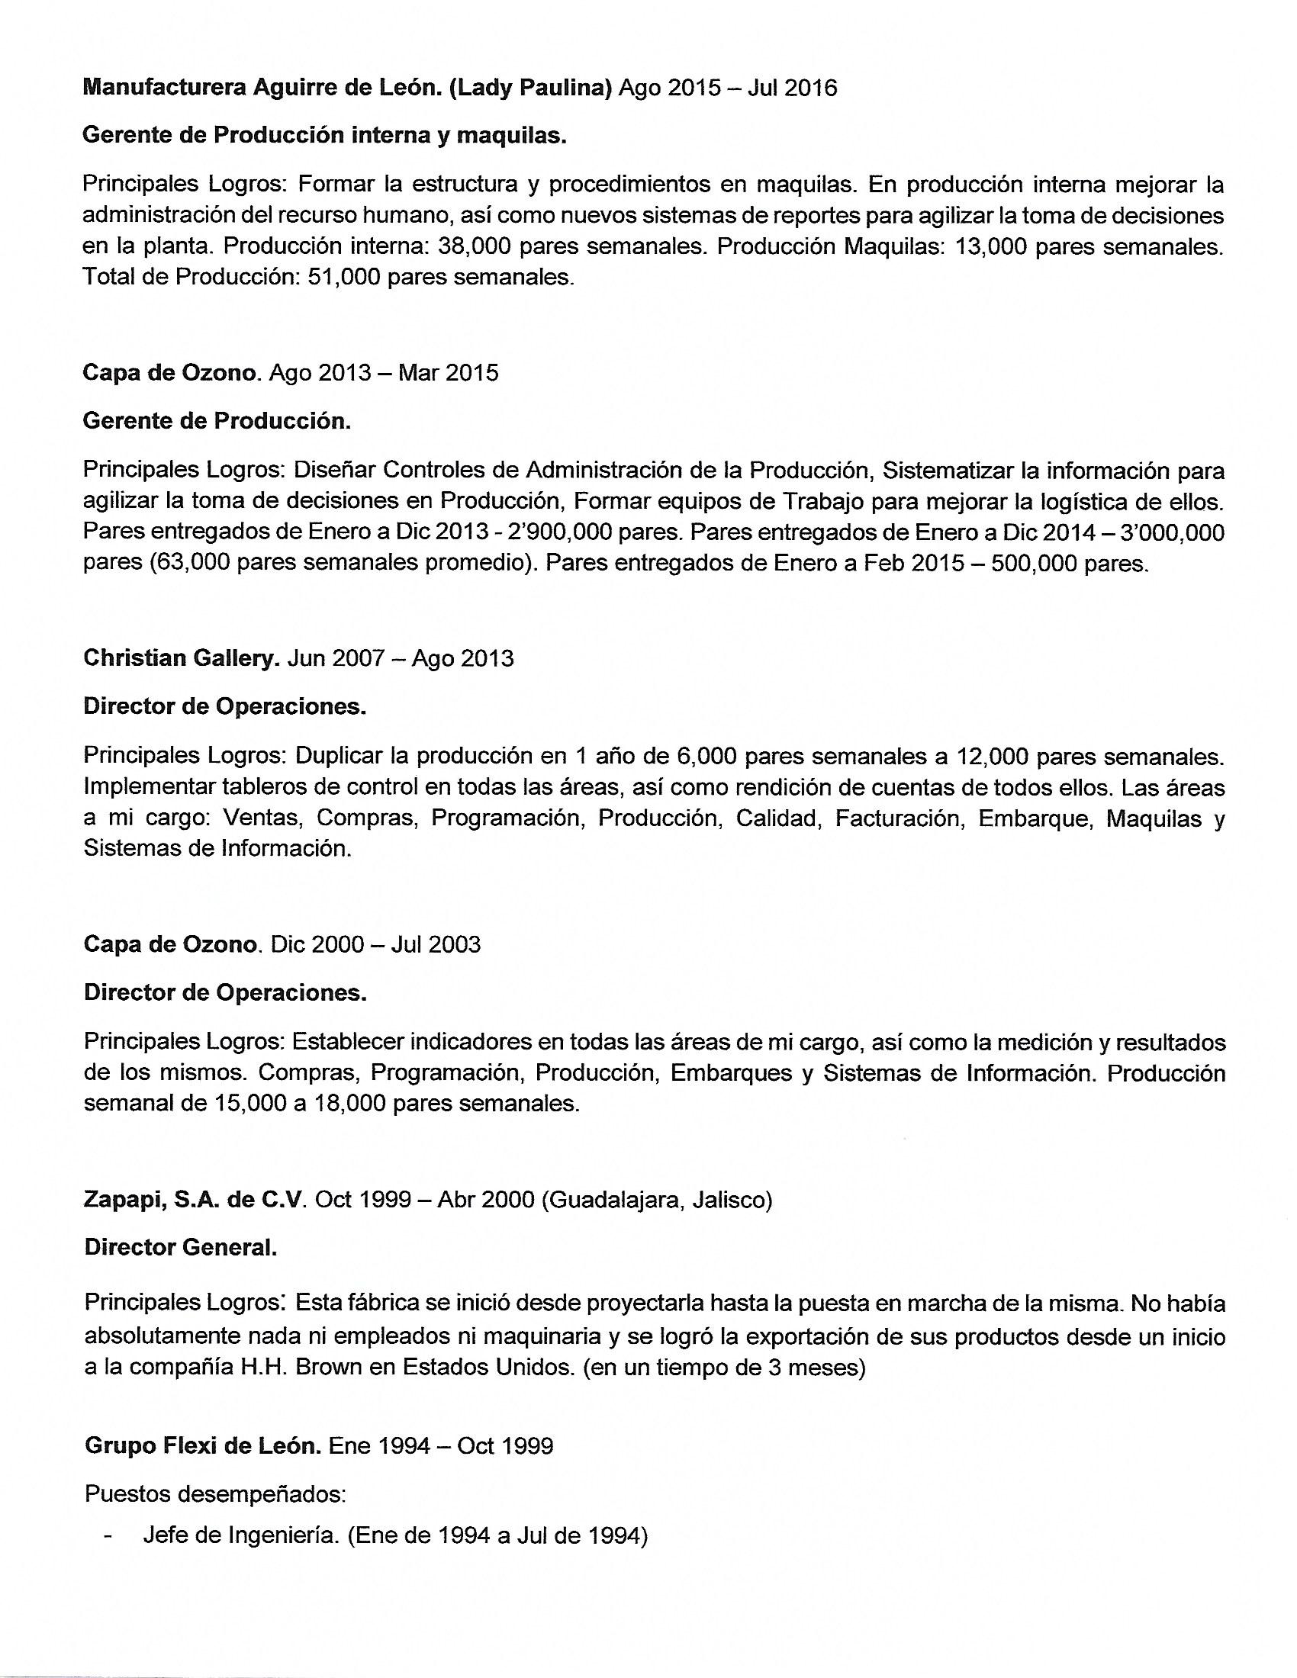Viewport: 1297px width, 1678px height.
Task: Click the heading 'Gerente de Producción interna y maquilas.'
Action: [x=325, y=135]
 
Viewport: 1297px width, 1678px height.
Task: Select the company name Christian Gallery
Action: [x=182, y=658]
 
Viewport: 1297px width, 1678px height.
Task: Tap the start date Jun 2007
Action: [x=335, y=658]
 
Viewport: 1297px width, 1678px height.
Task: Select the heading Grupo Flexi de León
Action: [x=202, y=1446]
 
